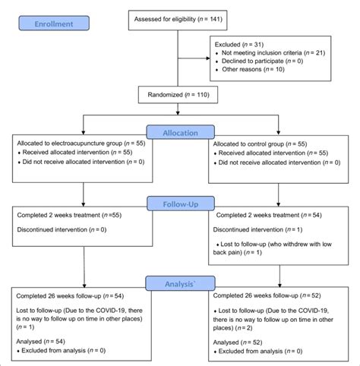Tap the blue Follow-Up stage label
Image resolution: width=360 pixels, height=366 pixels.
pos(180,204)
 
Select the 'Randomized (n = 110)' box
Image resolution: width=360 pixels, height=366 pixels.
pos(180,96)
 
